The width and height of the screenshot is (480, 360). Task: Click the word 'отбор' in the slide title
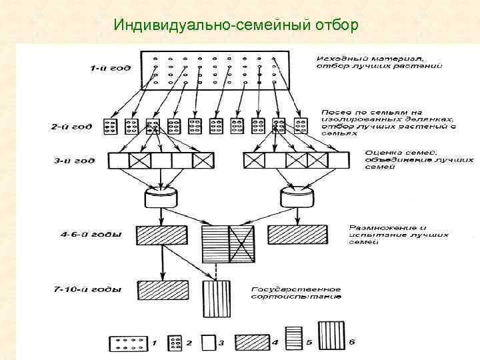[335, 25]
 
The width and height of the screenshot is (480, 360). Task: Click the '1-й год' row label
[109, 67]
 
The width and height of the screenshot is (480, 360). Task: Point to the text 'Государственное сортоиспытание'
[296, 293]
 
